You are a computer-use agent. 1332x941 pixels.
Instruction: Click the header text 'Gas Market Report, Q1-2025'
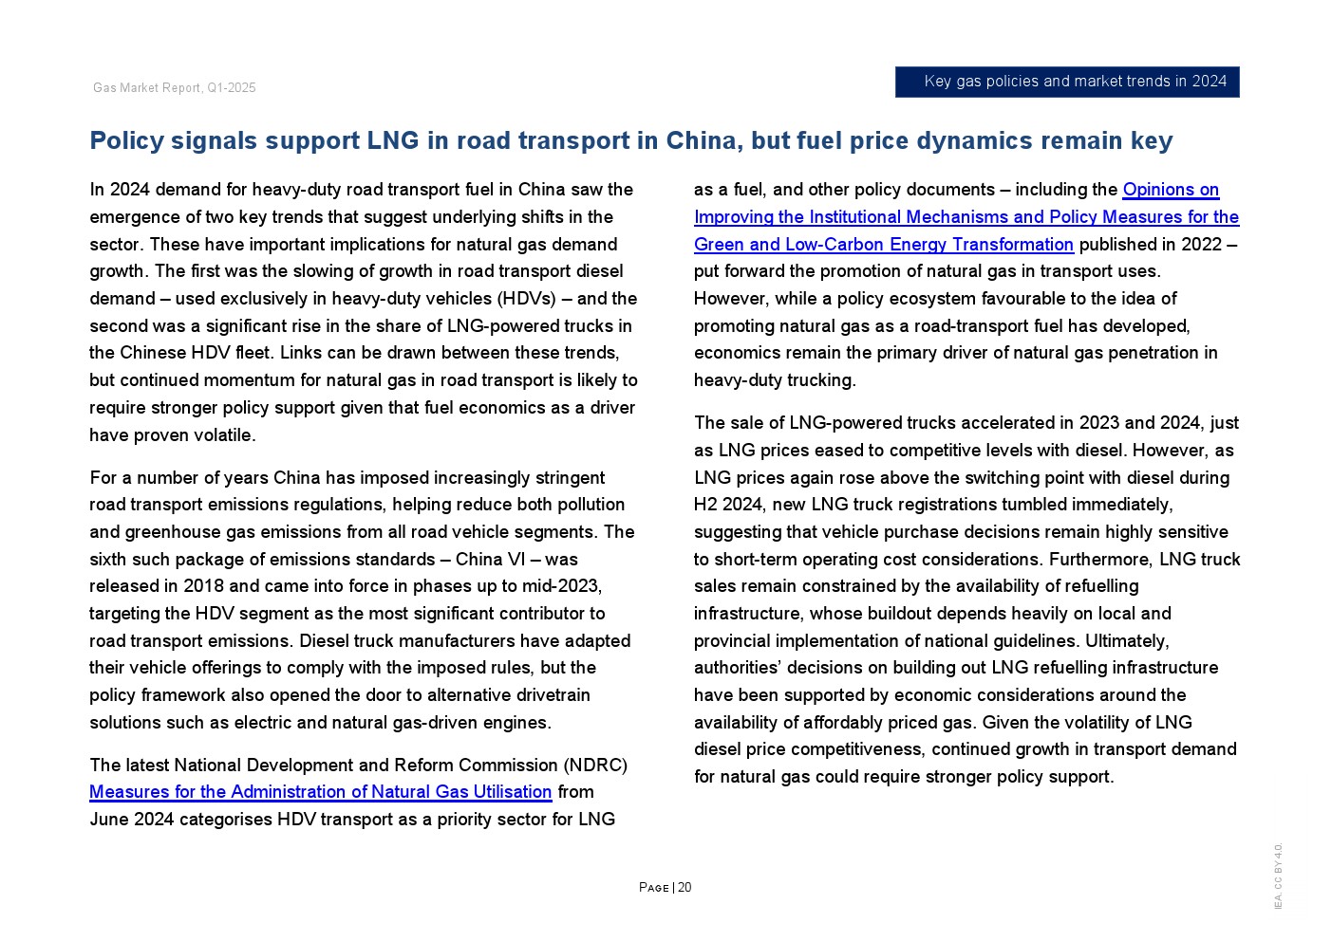coord(175,88)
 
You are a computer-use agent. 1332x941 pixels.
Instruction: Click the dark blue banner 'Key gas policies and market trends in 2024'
coord(1067,82)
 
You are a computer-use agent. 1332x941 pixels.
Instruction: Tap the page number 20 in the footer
coord(685,888)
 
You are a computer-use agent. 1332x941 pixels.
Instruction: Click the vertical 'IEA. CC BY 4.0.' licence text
coord(1278,876)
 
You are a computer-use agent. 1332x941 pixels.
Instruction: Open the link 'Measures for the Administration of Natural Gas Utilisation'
coord(320,792)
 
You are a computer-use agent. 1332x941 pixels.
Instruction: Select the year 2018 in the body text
coord(203,586)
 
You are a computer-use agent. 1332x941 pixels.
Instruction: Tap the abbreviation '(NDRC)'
coord(595,766)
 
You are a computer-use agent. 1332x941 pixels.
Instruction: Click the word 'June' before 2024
coord(109,820)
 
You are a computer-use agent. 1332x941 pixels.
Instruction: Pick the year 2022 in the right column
coord(1201,245)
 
